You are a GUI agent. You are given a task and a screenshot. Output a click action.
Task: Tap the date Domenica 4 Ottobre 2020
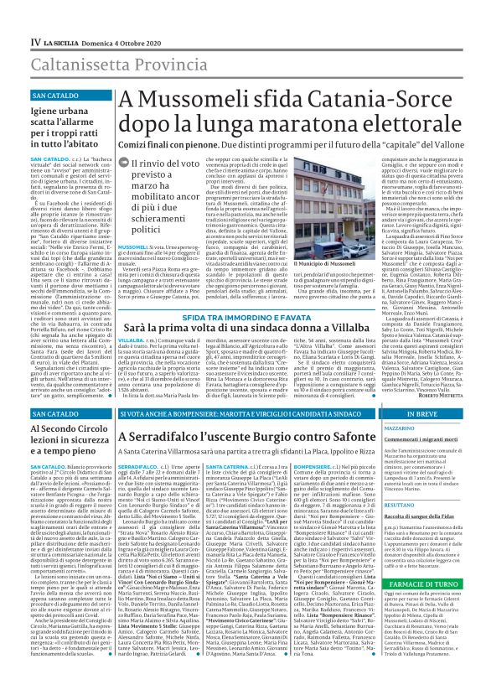(x=112, y=16)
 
